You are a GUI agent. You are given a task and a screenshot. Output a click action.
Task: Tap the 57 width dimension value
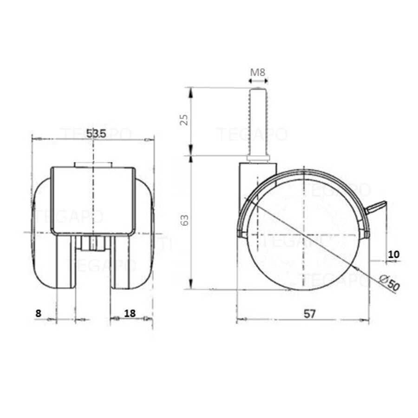(x=310, y=314)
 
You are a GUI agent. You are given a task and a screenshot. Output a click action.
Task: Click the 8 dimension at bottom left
(x=38, y=313)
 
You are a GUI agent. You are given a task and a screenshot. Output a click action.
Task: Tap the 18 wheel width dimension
(x=130, y=313)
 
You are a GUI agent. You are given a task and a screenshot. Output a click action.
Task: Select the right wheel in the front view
(x=135, y=242)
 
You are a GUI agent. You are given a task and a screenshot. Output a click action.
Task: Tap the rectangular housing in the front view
(x=93, y=200)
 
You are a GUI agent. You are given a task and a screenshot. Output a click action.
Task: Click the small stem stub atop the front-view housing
(x=93, y=164)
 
